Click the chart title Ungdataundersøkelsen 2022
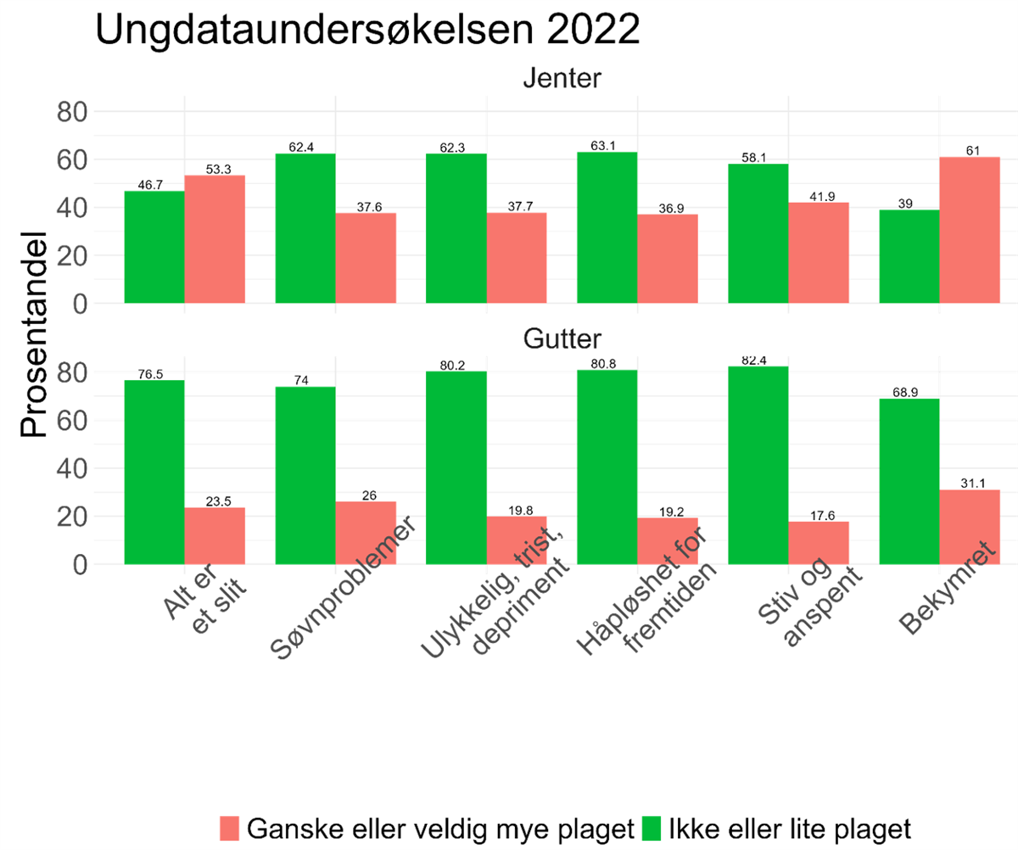coord(366,31)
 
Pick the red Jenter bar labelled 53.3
coord(215,239)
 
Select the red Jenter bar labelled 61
coord(970,230)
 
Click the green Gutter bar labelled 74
coord(305,475)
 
